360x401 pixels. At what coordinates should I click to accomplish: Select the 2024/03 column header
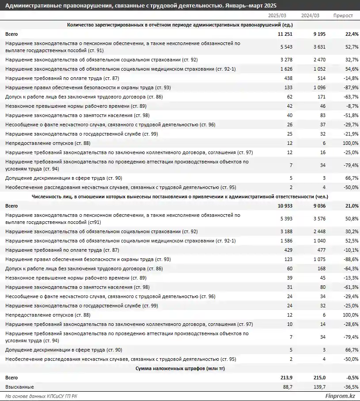tap(310, 15)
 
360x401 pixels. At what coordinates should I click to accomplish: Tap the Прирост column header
tap(343, 15)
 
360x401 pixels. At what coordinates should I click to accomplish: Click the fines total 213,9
tap(289, 378)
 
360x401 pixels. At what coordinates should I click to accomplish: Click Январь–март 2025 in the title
tap(251, 5)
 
